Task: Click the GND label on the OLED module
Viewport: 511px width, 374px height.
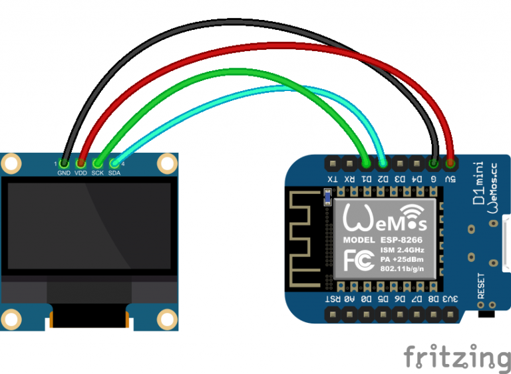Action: tap(64, 173)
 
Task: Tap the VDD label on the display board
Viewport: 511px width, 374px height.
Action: tap(81, 173)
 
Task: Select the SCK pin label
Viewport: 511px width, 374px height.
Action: tap(98, 173)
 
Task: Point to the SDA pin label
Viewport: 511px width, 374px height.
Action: tap(115, 173)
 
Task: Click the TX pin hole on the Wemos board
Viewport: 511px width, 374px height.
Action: tap(331, 162)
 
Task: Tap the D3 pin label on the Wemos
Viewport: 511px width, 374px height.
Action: tap(400, 178)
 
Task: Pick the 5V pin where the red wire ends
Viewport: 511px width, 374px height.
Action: tap(451, 162)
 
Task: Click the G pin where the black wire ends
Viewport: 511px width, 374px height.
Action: tap(434, 162)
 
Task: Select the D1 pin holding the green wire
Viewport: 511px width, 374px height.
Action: tap(365, 162)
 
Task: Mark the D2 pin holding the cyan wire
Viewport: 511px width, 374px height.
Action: tap(383, 162)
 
